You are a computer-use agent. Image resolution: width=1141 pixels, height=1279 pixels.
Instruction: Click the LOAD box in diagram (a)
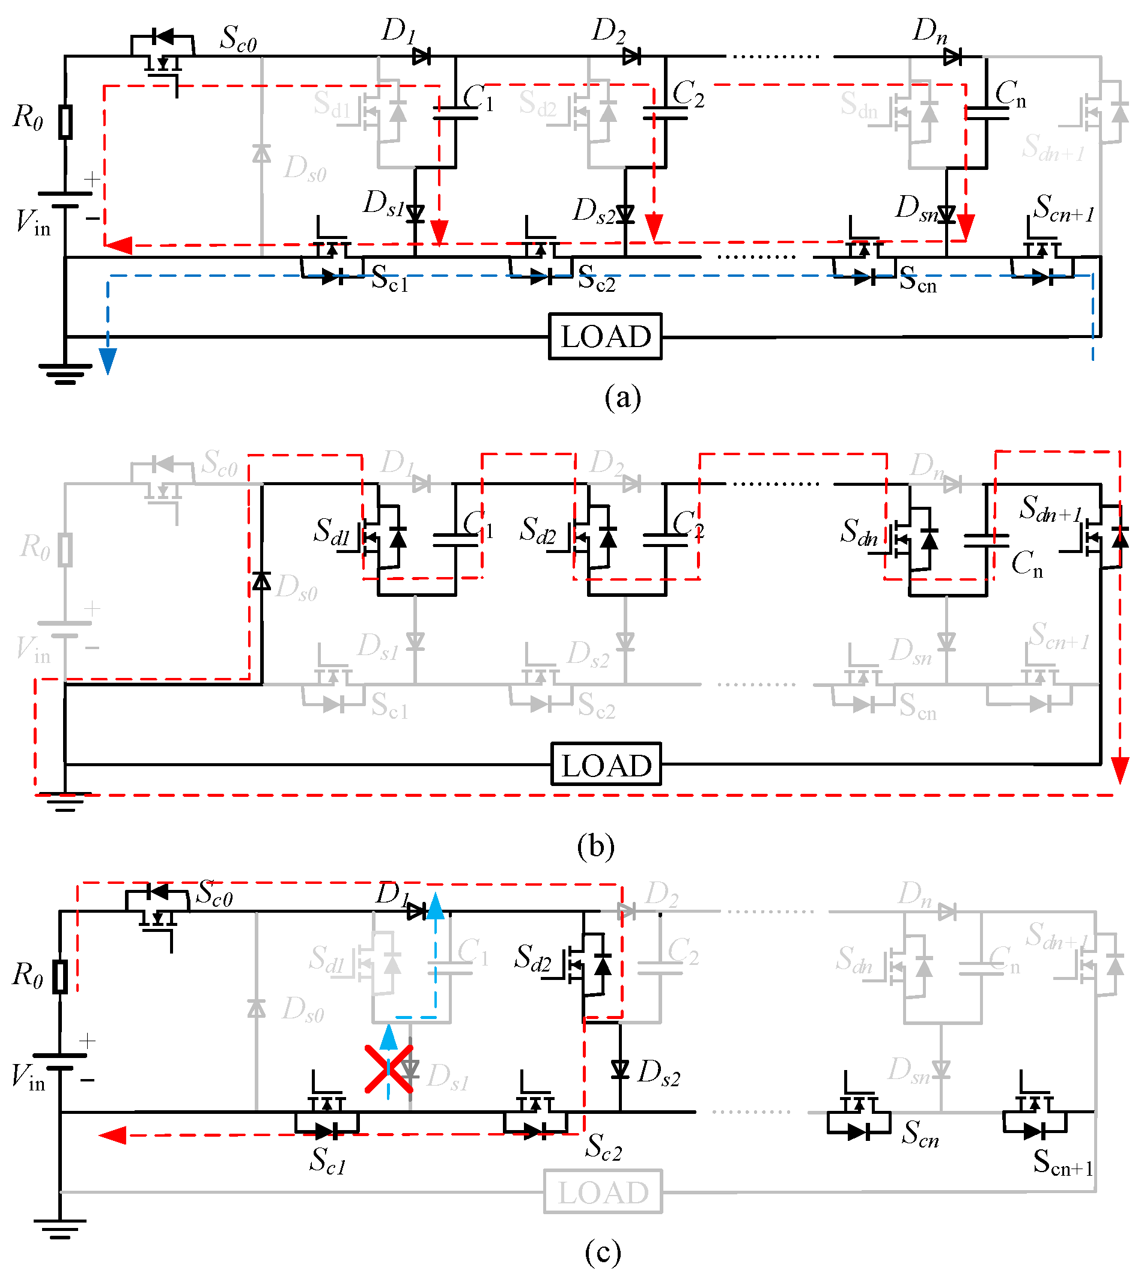pyautogui.click(x=605, y=336)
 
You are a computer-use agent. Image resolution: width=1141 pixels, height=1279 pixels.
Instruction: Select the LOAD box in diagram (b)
pyautogui.click(x=606, y=764)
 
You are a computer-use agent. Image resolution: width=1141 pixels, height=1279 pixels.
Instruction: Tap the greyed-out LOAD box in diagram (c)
pyautogui.click(x=603, y=1192)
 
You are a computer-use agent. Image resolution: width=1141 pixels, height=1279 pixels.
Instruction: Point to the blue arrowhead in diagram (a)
pyautogui.click(x=108, y=361)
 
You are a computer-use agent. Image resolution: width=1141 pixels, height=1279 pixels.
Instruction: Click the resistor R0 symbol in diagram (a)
pyautogui.click(x=65, y=122)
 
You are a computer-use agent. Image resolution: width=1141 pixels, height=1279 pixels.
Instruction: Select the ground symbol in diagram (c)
pyautogui.click(x=60, y=1229)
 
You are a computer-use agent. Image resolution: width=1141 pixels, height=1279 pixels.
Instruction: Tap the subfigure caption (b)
pyautogui.click(x=595, y=846)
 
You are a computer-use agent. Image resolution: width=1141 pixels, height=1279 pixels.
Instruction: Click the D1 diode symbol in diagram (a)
pyautogui.click(x=421, y=57)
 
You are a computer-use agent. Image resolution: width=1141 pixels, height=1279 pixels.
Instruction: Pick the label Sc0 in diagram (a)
pyautogui.click(x=237, y=39)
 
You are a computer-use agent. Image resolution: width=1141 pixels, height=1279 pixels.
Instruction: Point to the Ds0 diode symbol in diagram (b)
pyautogui.click(x=261, y=581)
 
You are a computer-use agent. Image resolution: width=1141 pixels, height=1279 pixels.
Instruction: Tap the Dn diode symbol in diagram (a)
pyautogui.click(x=952, y=57)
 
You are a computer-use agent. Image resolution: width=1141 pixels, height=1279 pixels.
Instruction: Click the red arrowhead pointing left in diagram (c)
pyautogui.click(x=113, y=1135)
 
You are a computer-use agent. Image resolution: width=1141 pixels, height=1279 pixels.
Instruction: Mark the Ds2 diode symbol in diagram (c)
pyautogui.click(x=620, y=1069)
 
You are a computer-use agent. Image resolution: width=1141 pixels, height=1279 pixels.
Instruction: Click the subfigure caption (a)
pyautogui.click(x=622, y=398)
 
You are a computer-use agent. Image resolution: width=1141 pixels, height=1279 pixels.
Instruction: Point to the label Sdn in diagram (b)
pyautogui.click(x=859, y=532)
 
